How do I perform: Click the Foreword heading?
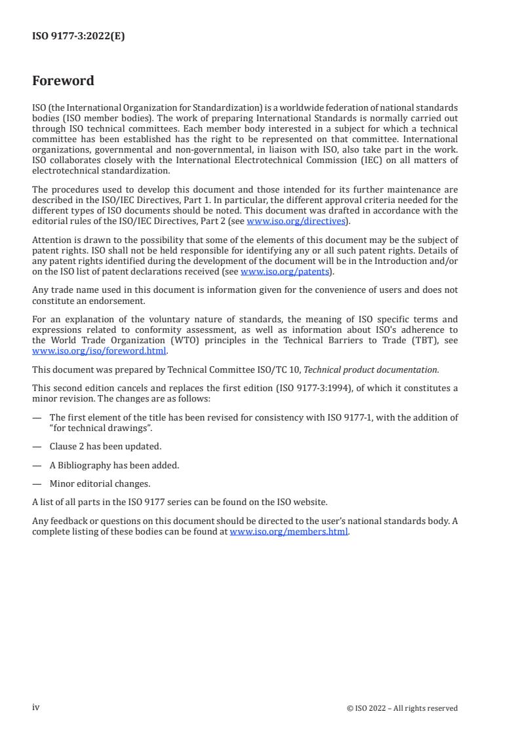[x=63, y=81]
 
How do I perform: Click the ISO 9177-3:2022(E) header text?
[x=78, y=37]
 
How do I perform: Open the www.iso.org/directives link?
[x=296, y=221]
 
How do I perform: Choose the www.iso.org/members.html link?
[x=289, y=531]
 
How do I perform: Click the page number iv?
[x=36, y=707]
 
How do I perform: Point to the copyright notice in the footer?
[x=402, y=708]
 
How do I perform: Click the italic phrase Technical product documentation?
[x=371, y=369]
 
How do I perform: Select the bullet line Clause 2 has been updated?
[x=106, y=446]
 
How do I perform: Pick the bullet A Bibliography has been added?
[x=114, y=465]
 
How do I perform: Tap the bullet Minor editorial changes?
[x=100, y=483]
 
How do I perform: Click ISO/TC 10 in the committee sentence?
[x=282, y=369]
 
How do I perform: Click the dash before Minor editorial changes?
[x=37, y=483]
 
